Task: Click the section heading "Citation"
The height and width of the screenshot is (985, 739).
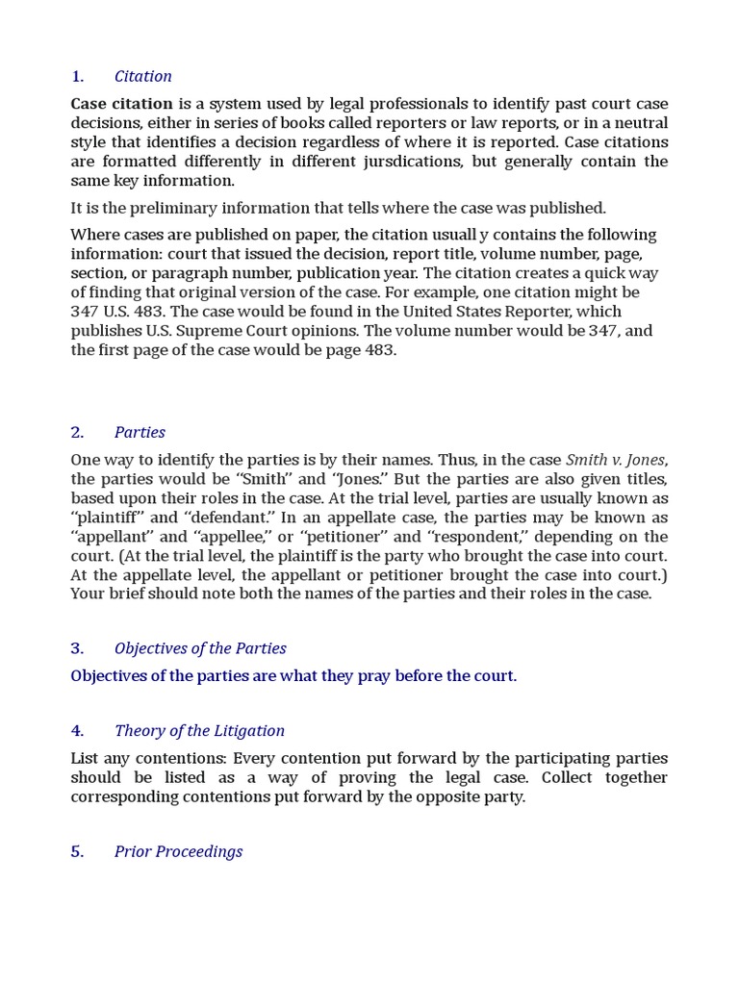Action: (x=142, y=77)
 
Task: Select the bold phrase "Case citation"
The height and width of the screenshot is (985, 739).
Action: (x=121, y=104)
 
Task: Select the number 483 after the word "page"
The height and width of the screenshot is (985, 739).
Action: (x=380, y=350)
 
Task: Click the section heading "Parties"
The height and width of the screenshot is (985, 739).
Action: (x=140, y=433)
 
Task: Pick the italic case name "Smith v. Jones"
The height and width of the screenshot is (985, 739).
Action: (x=616, y=460)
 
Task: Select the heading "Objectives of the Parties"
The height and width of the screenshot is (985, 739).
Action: (x=200, y=648)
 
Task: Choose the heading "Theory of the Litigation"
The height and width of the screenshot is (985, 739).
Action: (x=199, y=731)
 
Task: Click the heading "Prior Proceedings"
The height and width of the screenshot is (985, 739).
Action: (x=178, y=852)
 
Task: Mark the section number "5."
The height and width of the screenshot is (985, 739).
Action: (x=78, y=852)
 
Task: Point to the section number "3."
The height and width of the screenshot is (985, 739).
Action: (x=78, y=648)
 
